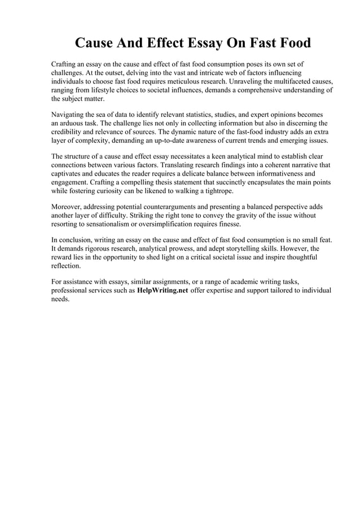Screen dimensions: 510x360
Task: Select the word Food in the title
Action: [x=292, y=43]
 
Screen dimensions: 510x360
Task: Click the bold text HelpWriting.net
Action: [x=163, y=290]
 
